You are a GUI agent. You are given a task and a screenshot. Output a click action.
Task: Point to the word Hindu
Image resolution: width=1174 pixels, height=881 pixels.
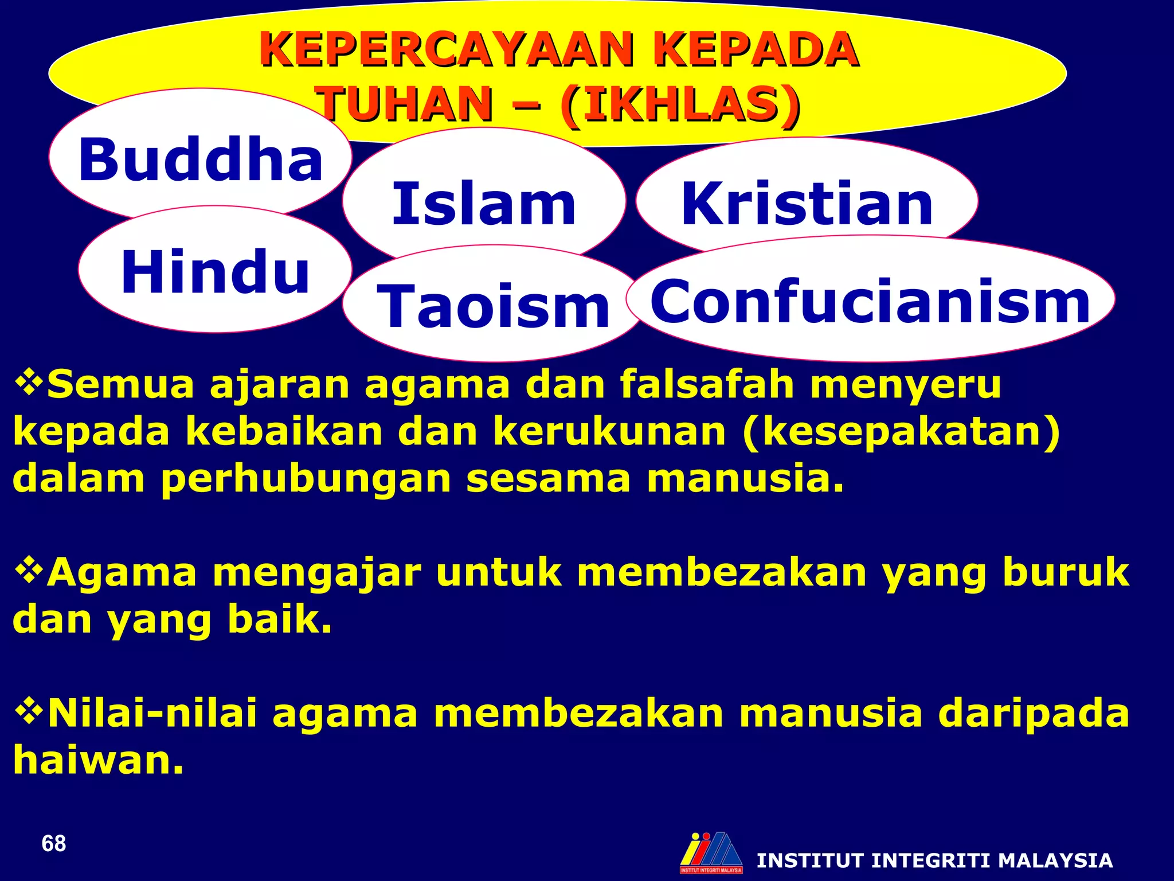pyautogui.click(x=215, y=272)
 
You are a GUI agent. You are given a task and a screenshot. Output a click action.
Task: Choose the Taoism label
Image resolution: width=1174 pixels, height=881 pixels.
pyautogui.click(x=493, y=307)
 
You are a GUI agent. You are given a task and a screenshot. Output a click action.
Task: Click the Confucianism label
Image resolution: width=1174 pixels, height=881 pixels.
pyautogui.click(x=870, y=301)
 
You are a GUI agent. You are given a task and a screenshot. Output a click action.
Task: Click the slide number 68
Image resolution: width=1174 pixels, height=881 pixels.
pyautogui.click(x=54, y=844)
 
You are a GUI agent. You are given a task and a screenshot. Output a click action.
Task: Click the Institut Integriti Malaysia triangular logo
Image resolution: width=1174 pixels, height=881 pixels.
pyautogui.click(x=711, y=852)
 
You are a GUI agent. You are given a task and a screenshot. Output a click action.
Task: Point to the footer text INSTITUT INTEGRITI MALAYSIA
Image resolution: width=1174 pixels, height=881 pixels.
pyautogui.click(x=934, y=860)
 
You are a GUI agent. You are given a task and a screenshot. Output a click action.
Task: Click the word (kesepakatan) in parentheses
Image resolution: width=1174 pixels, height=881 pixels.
pyautogui.click(x=901, y=431)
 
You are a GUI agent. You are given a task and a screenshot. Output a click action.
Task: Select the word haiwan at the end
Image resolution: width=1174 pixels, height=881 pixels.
pyautogui.click(x=98, y=760)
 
